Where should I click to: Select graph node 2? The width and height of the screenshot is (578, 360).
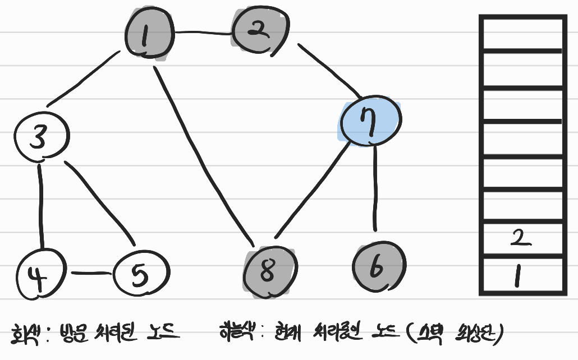pyautogui.click(x=259, y=33)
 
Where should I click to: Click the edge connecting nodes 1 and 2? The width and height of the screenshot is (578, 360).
pyautogui.click(x=203, y=33)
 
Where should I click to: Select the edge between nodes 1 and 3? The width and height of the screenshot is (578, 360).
pyautogui.click(x=84, y=79)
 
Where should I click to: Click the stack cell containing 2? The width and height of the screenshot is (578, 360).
pyautogui.click(x=521, y=240)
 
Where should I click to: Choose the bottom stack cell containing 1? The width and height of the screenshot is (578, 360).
pyautogui.click(x=521, y=276)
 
